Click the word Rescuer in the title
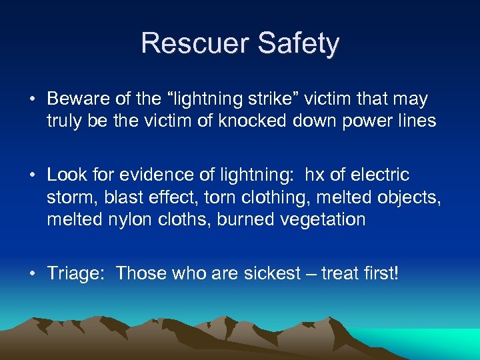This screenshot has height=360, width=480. [x=194, y=44]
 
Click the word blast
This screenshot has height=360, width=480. [x=122, y=198]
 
